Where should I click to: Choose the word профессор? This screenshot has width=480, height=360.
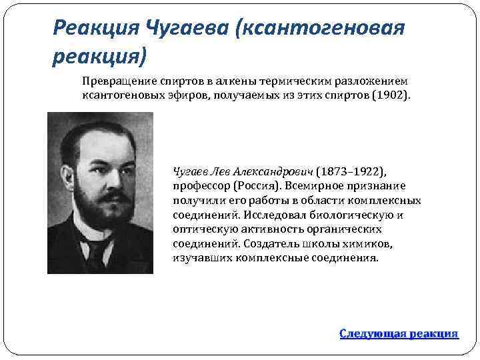tap(201, 185)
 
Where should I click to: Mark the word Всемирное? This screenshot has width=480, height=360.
tap(311, 185)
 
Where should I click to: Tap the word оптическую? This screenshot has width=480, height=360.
tap(203, 229)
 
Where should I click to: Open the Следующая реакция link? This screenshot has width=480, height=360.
tap(399, 333)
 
